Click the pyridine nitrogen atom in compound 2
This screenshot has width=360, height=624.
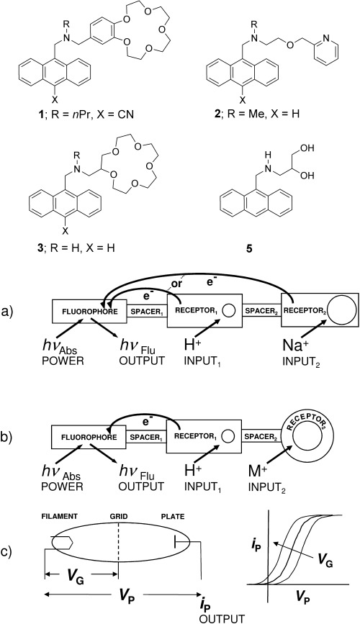(x=326, y=38)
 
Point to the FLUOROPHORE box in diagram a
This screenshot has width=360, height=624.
(x=89, y=311)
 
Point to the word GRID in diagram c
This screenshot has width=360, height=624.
(x=118, y=517)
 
